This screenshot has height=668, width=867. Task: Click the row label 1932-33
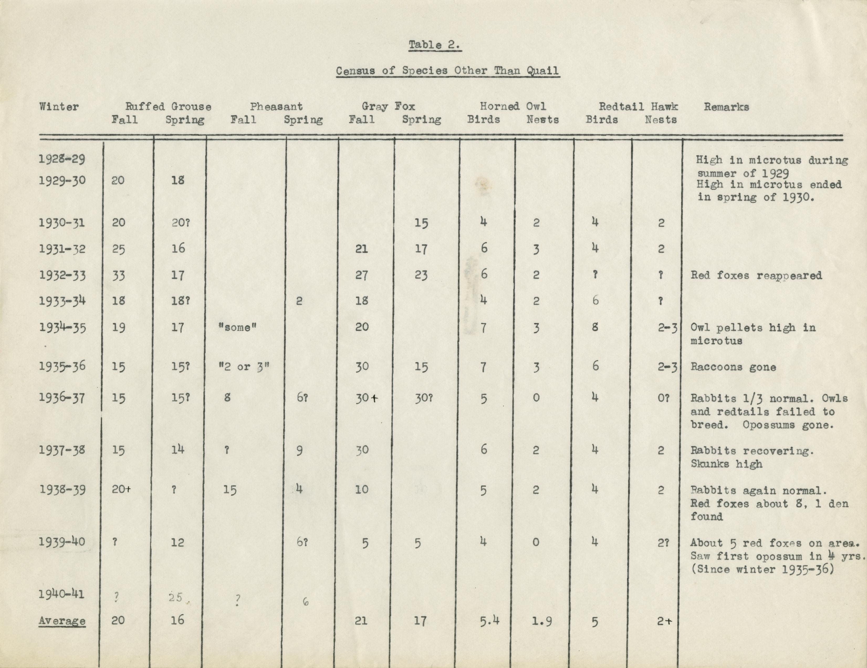click(x=62, y=275)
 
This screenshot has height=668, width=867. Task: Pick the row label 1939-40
click(x=62, y=541)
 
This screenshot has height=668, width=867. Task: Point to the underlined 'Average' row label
click(x=62, y=620)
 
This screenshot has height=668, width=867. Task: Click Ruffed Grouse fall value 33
click(x=118, y=275)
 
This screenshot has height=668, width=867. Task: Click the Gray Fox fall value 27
click(x=361, y=275)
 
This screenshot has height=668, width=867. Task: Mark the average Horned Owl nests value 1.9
click(x=541, y=620)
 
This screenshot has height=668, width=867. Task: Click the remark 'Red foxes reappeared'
click(x=756, y=275)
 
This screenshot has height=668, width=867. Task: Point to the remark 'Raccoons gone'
click(x=733, y=367)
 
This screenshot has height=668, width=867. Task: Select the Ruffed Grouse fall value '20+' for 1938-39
click(x=121, y=489)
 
